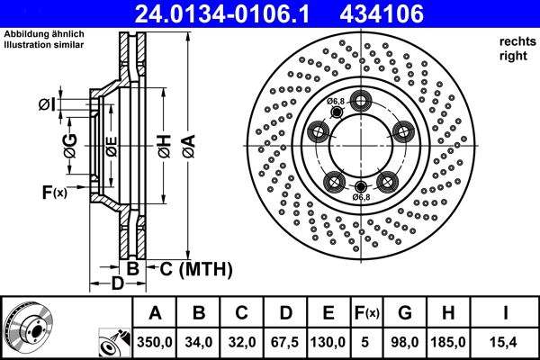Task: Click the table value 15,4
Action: [x=507, y=343]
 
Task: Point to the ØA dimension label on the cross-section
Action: [x=186, y=145]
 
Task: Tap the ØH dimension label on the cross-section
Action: [x=163, y=145]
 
